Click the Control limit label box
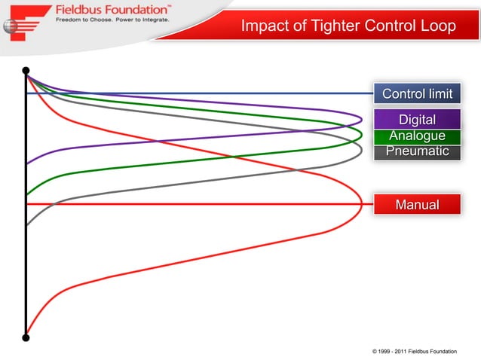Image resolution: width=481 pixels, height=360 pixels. click(x=417, y=94)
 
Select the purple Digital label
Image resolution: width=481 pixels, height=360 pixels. click(x=417, y=120)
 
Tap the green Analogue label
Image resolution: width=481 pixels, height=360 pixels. click(x=417, y=136)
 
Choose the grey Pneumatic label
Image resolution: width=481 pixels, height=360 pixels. click(x=417, y=151)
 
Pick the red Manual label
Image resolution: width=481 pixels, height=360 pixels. click(x=417, y=204)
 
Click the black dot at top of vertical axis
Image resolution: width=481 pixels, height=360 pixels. click(x=26, y=72)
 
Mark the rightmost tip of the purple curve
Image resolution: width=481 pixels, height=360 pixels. click(x=362, y=118)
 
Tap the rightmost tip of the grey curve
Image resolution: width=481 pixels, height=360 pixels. click(x=362, y=151)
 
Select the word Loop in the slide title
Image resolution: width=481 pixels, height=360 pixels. click(x=438, y=26)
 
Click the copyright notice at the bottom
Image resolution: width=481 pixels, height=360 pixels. click(x=414, y=352)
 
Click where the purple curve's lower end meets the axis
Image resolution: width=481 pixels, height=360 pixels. click(x=27, y=163)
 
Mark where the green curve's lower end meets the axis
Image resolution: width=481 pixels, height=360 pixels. click(x=27, y=195)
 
